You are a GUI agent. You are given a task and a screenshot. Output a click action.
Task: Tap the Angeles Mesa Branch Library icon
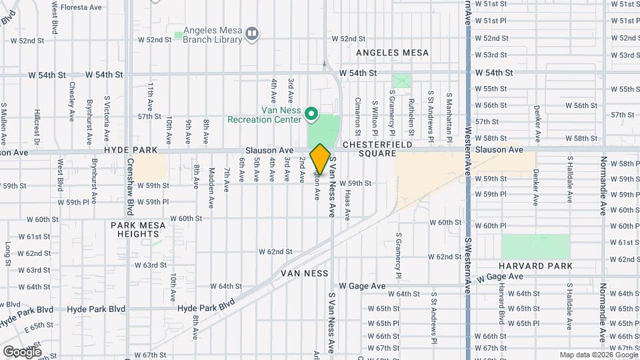point(252,33)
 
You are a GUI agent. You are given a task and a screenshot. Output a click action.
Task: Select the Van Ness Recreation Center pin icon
point(311,115)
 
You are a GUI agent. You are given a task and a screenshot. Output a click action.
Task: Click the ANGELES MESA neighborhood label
point(392,52)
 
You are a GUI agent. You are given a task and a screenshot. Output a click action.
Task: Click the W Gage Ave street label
point(362,286)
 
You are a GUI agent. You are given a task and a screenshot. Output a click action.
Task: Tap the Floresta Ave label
point(81,7)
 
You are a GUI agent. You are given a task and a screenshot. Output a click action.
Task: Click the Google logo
point(22,351)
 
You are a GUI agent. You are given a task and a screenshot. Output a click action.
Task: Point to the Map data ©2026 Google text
point(598,355)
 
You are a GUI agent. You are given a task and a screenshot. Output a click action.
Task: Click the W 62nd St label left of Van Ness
point(275,252)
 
